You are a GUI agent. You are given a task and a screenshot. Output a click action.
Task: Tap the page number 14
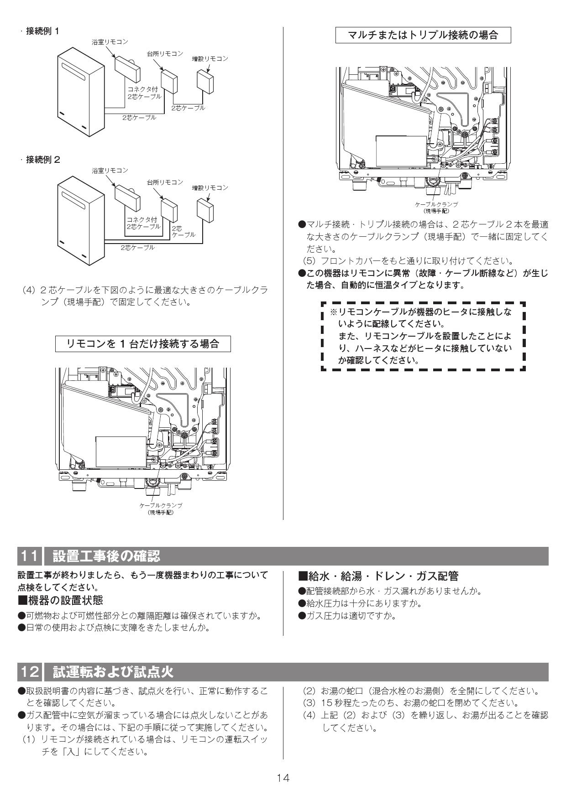(283, 778)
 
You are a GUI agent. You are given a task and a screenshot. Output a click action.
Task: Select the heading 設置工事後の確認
(106, 556)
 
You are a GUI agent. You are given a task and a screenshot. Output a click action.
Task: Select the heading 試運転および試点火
(113, 671)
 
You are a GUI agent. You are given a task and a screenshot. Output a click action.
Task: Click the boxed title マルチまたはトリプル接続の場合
(423, 35)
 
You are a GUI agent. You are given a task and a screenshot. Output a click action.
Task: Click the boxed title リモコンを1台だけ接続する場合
(143, 344)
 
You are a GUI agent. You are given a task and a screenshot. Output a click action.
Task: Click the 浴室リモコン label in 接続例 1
(110, 42)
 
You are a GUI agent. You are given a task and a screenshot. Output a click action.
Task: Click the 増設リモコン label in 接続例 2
(210, 188)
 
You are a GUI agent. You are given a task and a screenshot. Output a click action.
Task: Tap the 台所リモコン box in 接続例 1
(169, 81)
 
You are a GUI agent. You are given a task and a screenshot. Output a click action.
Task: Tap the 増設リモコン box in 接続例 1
(205, 81)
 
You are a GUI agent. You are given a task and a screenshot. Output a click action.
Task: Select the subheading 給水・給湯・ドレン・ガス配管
(378, 576)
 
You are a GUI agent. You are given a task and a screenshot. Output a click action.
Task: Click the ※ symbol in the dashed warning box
(333, 312)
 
